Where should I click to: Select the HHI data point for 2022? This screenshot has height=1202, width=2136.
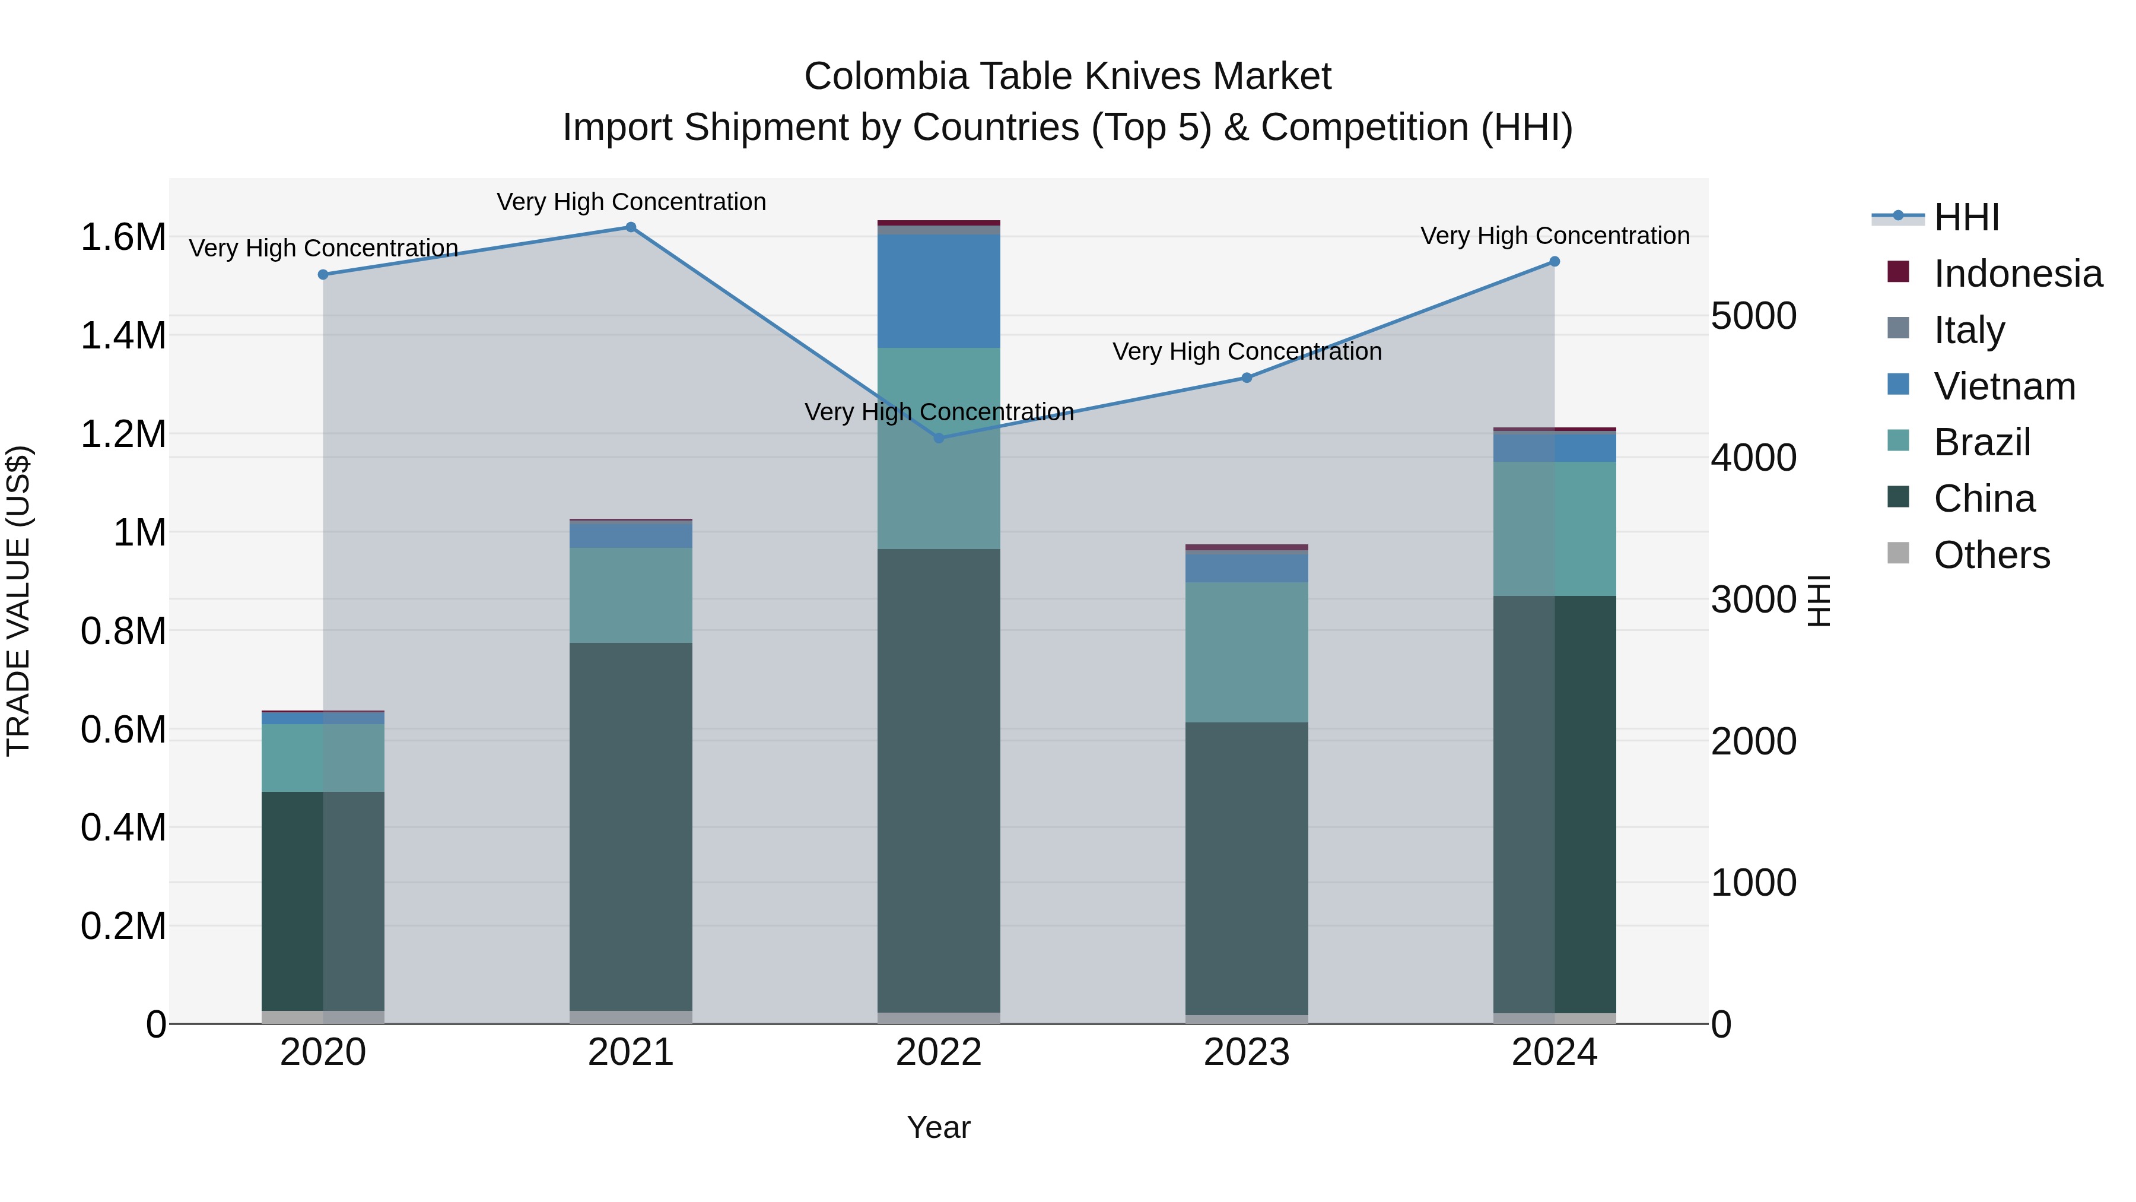coord(939,438)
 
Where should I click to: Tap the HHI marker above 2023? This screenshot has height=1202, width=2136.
coord(1246,378)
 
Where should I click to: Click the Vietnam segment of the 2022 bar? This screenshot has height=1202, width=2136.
coord(939,290)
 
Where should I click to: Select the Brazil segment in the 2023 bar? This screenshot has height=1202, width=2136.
coord(1246,652)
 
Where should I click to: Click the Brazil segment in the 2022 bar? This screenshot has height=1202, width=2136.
coord(939,448)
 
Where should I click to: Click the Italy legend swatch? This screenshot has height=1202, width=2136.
coord(1898,328)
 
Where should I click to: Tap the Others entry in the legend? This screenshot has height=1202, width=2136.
coord(1991,555)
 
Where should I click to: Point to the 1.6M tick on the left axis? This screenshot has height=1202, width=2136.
coord(123,237)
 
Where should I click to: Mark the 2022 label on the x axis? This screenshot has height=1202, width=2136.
coord(939,1052)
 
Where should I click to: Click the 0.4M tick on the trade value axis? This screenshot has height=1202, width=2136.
coord(123,828)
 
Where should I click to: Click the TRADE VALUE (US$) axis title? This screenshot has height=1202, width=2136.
coord(18,601)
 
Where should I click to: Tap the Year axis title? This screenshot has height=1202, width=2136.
coord(939,1127)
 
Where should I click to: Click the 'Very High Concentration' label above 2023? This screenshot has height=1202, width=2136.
coord(1246,352)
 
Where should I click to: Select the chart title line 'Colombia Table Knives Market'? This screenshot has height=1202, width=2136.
coord(1067,77)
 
